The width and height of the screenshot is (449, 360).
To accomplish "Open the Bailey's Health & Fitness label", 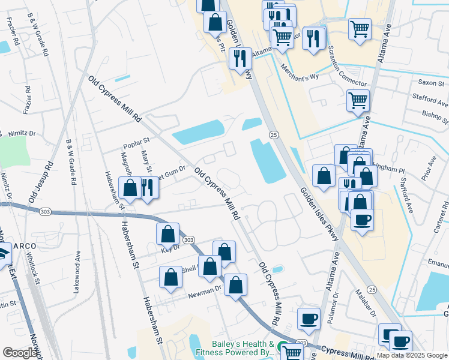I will coord(243,349).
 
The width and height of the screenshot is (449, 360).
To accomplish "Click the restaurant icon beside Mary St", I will coord(148,187).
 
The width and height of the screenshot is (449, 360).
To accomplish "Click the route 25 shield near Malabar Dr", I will coord(372,290).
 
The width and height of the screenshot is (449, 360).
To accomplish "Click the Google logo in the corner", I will coord(20,353).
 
